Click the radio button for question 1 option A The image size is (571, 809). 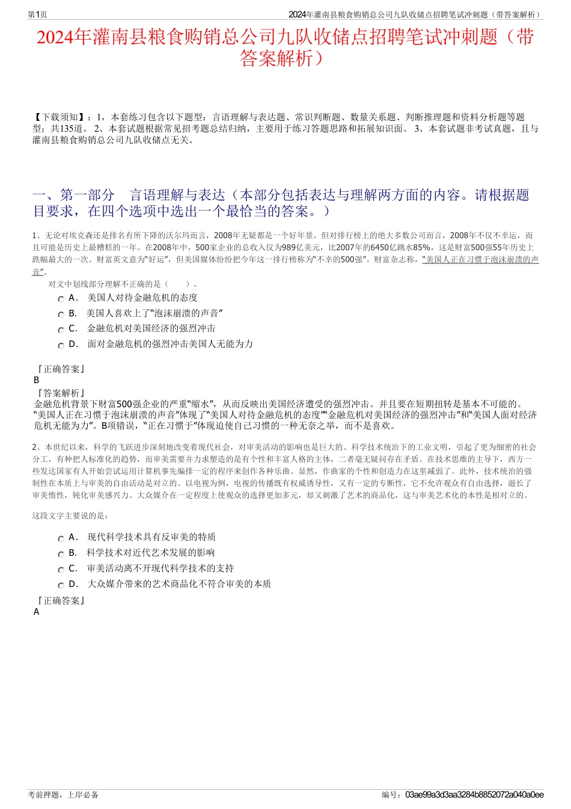[x=61, y=299]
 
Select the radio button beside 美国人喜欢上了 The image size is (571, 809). [x=61, y=315]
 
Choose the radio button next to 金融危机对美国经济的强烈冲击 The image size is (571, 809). [x=61, y=330]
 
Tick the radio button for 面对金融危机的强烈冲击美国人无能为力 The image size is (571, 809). [x=61, y=346]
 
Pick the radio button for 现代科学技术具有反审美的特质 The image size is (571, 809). [x=61, y=539]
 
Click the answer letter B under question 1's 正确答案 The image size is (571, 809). [x=37, y=380]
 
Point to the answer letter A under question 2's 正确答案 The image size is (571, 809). [x=37, y=612]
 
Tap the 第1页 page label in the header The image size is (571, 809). [x=38, y=14]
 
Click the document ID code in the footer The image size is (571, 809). [x=474, y=795]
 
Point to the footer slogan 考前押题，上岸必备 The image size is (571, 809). [x=63, y=795]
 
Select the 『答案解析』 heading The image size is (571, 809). [x=60, y=393]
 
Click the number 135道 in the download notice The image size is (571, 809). [x=72, y=129]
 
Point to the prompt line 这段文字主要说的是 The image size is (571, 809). [x=70, y=515]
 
